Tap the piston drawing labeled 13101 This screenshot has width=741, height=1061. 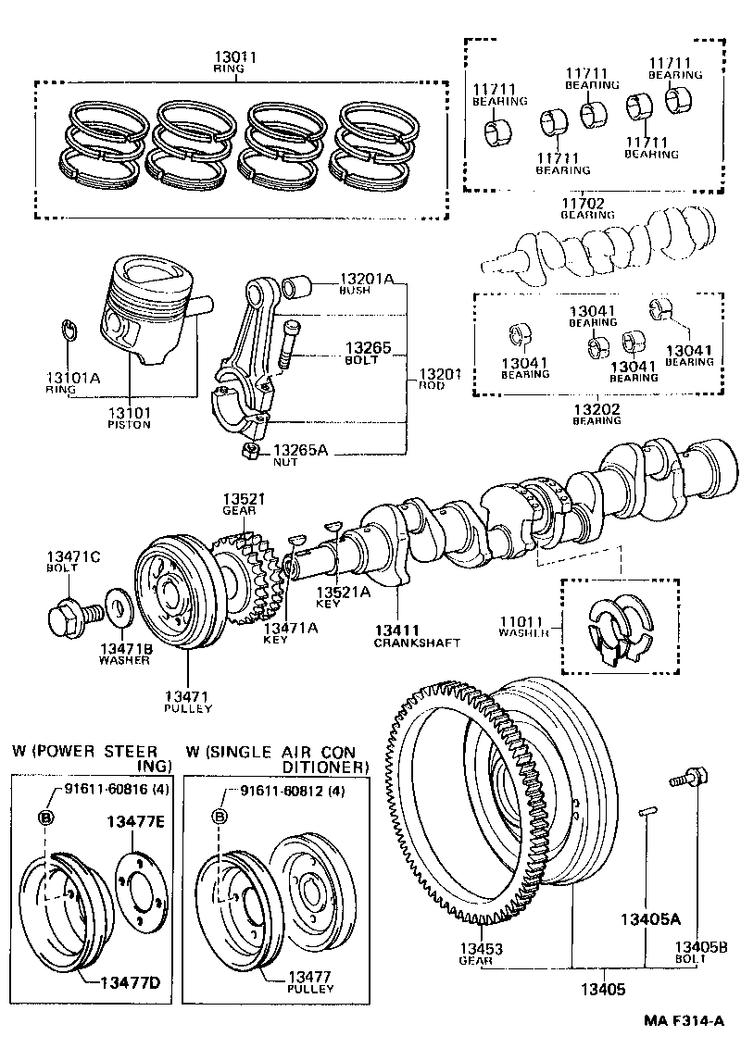tap(150, 310)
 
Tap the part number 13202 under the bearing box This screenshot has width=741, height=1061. tap(596, 408)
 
